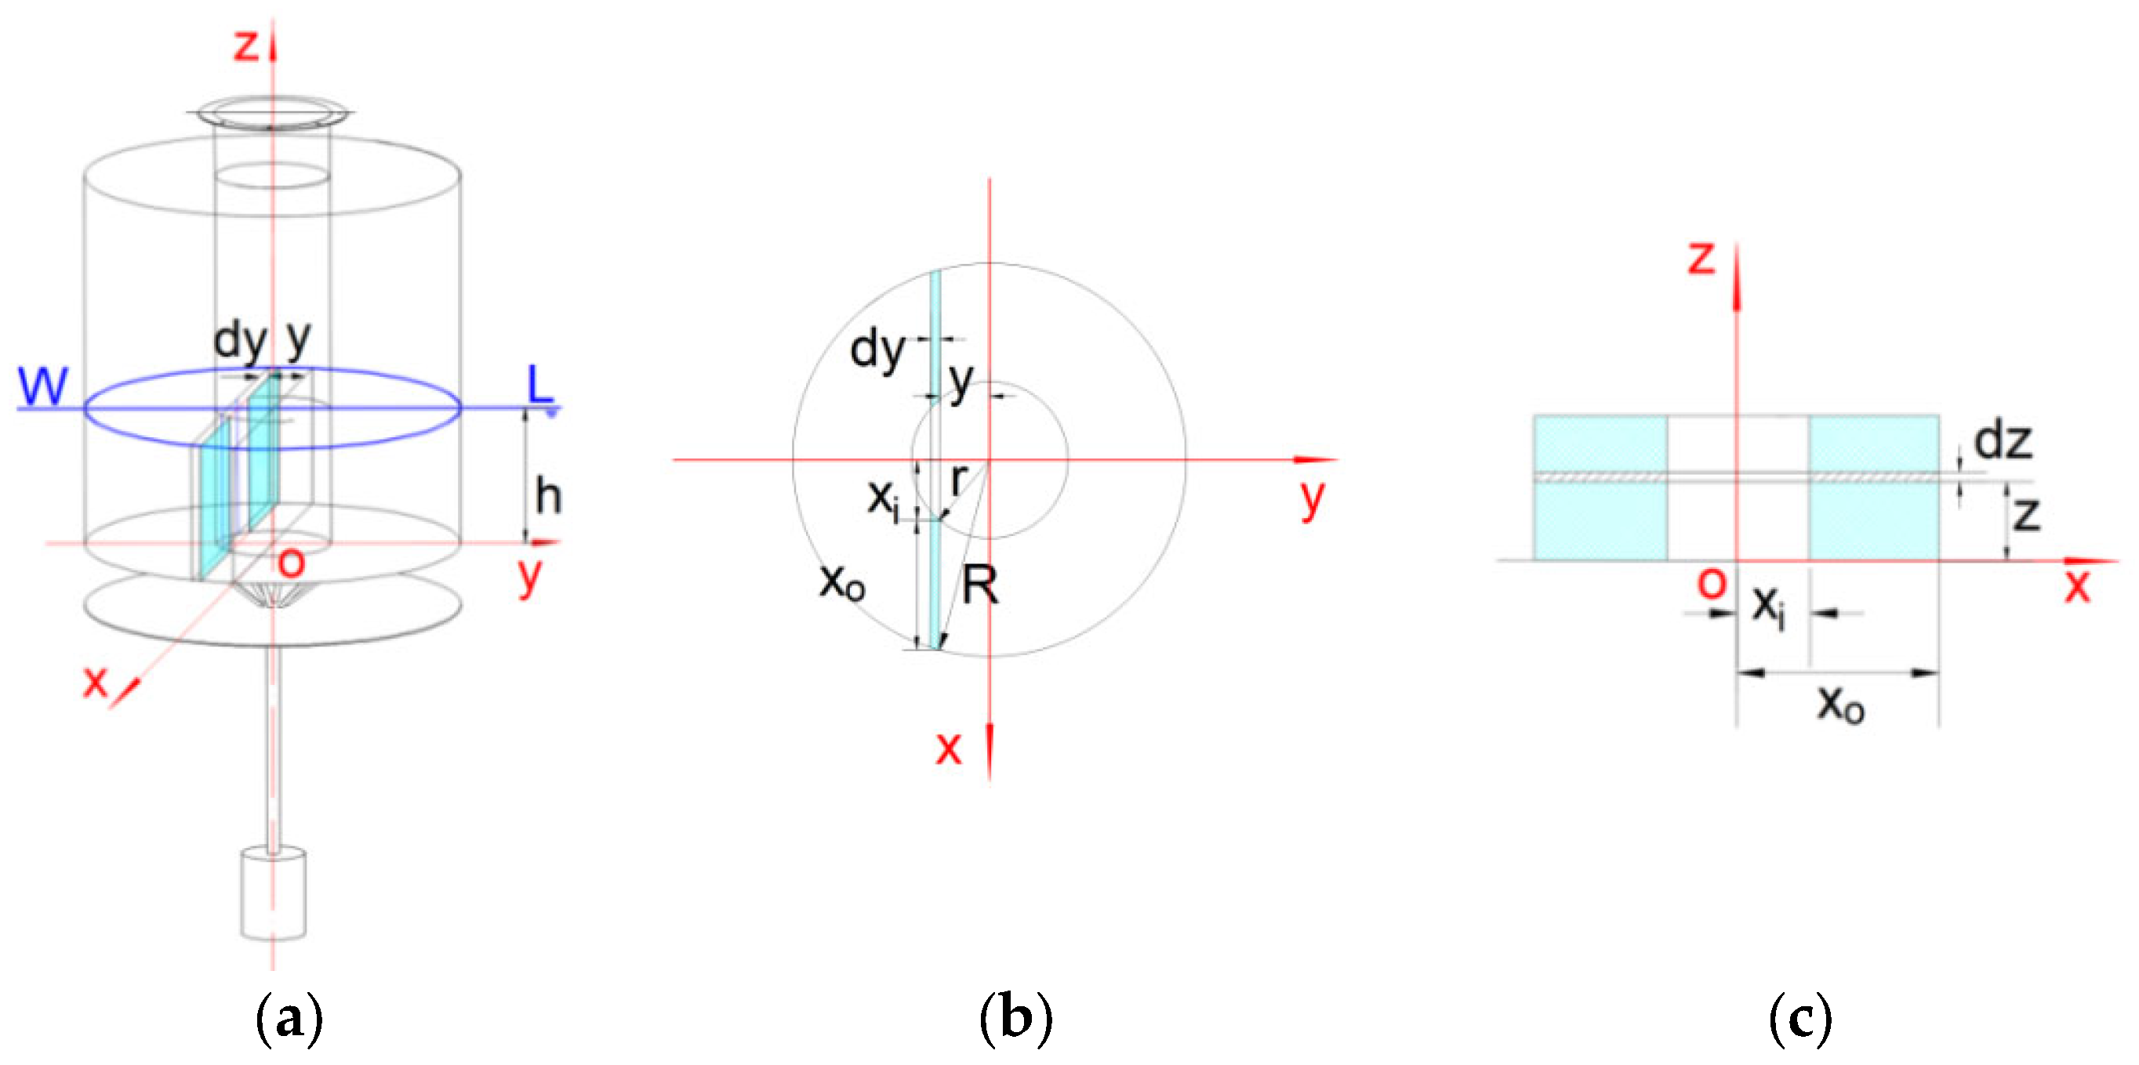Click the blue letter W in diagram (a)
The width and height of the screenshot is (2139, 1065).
click(43, 386)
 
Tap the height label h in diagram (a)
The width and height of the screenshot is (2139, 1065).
click(548, 497)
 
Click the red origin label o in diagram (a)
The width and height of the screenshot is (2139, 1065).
click(292, 563)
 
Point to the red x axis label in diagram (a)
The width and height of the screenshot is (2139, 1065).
click(96, 681)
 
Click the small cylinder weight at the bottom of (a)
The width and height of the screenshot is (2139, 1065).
click(273, 893)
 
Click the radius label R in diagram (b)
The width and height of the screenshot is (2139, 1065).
click(980, 586)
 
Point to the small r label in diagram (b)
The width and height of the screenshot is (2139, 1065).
click(959, 479)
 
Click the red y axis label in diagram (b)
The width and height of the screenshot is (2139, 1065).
click(1312, 498)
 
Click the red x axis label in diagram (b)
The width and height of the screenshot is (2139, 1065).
click(948, 747)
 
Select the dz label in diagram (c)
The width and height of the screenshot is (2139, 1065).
click(2003, 440)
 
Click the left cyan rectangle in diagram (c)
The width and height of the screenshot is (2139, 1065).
click(1600, 487)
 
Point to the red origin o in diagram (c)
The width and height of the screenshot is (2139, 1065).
click(1712, 583)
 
